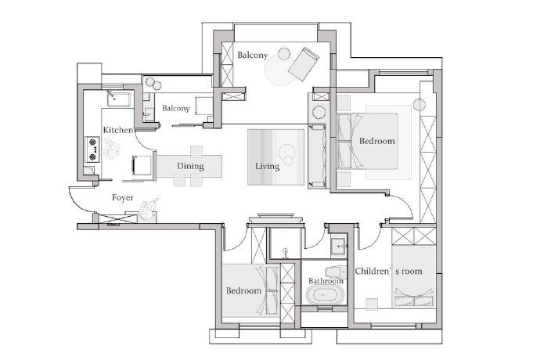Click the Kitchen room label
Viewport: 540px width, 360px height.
coord(118,130)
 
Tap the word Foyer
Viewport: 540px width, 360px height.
coord(123,197)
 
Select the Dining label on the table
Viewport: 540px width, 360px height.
coord(190,166)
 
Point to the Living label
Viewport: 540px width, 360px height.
coord(267,166)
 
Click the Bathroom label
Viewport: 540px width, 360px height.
coord(326,281)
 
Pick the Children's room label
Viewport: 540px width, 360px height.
coord(388,271)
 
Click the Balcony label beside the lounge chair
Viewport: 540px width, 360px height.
coord(253,55)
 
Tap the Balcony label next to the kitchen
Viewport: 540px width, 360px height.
coord(176,108)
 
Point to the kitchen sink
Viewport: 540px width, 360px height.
coord(119,99)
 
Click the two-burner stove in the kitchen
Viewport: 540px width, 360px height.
coord(92,149)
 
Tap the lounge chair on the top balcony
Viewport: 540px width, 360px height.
coord(304,64)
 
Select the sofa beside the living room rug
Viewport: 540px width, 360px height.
coord(318,157)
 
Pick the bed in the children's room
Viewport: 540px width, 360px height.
coord(414,276)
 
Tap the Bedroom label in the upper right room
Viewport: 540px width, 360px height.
coord(376,141)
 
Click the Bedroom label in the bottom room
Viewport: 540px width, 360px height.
coord(243,291)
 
